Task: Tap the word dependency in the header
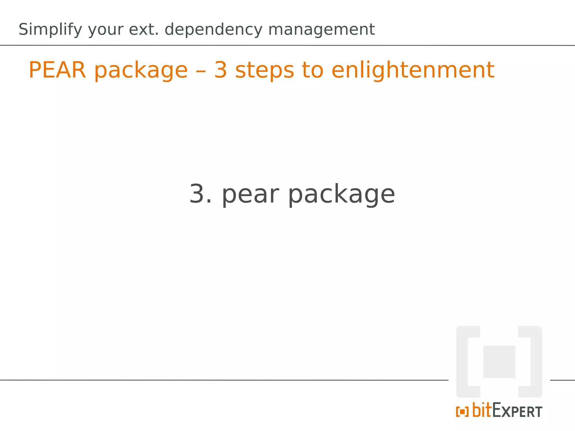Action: (213, 29)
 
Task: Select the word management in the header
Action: (321, 29)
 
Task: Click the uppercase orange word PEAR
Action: (57, 70)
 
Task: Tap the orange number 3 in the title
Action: (221, 70)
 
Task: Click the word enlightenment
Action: (413, 70)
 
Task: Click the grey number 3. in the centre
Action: (200, 194)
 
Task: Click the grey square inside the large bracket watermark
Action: (499, 362)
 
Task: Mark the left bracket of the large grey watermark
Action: (463, 362)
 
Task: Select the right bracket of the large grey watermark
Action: (535, 362)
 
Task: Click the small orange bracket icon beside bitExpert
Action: (462, 412)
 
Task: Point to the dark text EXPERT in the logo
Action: (517, 411)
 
